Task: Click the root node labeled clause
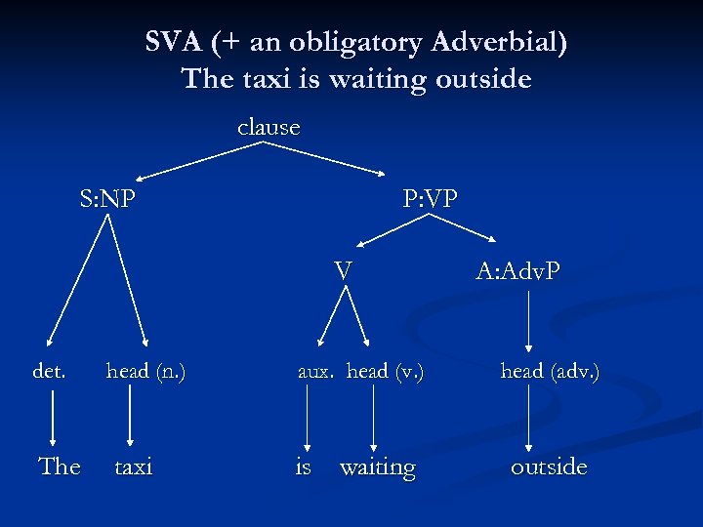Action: pyautogui.click(x=269, y=128)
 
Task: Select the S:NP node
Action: pyautogui.click(x=107, y=200)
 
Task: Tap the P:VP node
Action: pyautogui.click(x=430, y=200)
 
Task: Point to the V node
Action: pyautogui.click(x=342, y=269)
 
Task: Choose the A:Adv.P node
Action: pyautogui.click(x=517, y=270)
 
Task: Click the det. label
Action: pyautogui.click(x=50, y=371)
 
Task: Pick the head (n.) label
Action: pyautogui.click(x=145, y=371)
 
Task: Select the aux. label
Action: pyautogui.click(x=315, y=371)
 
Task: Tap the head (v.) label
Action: pyautogui.click(x=386, y=371)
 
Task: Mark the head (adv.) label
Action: pyautogui.click(x=550, y=371)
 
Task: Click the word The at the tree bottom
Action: pyautogui.click(x=59, y=466)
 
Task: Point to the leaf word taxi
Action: pyautogui.click(x=134, y=466)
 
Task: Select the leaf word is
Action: pyautogui.click(x=304, y=466)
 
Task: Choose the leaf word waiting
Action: pyautogui.click(x=377, y=467)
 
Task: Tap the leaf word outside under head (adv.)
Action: pyautogui.click(x=549, y=466)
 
